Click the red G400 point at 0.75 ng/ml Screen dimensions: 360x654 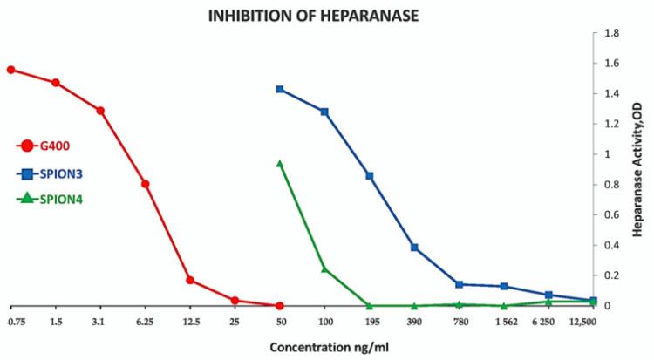[10, 70]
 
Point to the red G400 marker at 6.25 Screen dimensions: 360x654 [146, 184]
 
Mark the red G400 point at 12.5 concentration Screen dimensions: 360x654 [190, 281]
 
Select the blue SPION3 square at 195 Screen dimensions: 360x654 [370, 176]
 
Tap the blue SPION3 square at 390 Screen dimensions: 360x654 [414, 248]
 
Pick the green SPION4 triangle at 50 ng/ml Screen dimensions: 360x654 [280, 163]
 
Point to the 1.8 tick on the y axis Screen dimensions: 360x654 [611, 33]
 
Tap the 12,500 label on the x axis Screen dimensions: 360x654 [581, 323]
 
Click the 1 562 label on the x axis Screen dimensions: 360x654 [504, 323]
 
